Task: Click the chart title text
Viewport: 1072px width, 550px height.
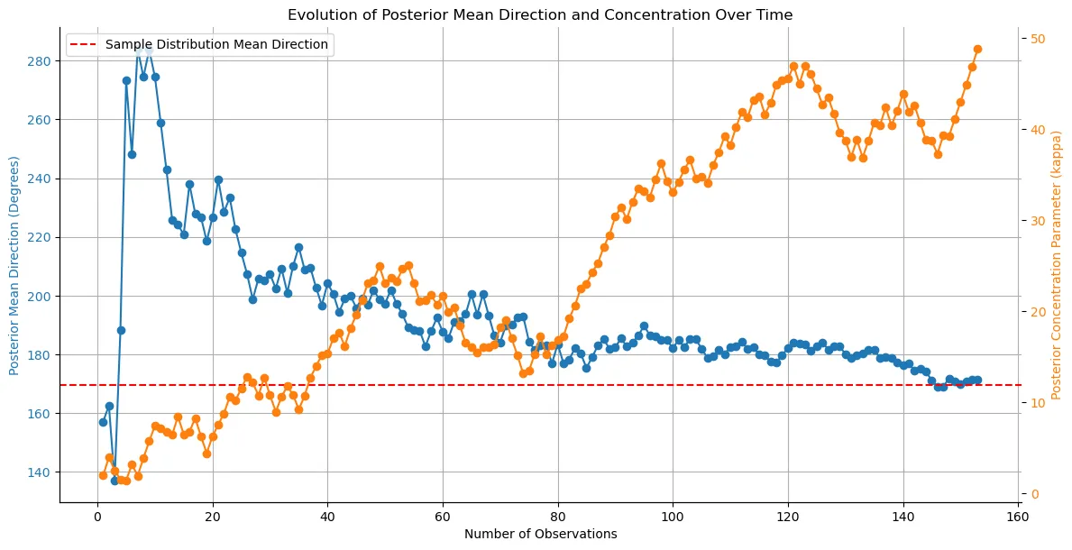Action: (x=540, y=14)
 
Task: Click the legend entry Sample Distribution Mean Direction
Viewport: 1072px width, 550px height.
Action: (x=217, y=44)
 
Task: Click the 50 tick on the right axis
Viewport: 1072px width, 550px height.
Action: (x=1038, y=39)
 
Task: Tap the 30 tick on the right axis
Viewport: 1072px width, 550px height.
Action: (x=1038, y=221)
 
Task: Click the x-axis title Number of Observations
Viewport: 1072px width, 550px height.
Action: (x=540, y=534)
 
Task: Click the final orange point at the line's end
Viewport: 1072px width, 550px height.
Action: (x=977, y=49)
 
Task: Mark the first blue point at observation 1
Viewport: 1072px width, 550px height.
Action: (x=103, y=422)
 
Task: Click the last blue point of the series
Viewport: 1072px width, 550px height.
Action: (x=977, y=380)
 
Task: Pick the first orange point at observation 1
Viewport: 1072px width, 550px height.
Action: (x=103, y=475)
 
